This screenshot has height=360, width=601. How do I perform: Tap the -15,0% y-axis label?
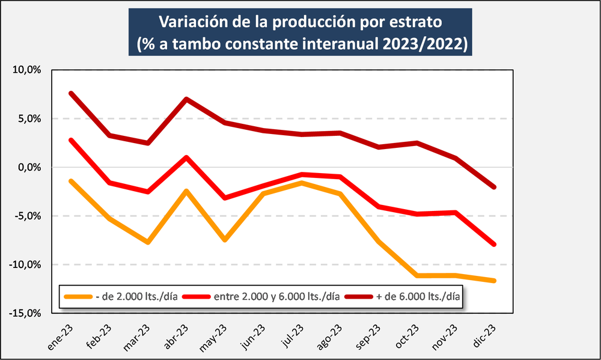(26, 313)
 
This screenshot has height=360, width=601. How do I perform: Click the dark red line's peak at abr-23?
(186, 99)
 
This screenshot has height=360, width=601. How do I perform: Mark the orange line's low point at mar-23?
(147, 242)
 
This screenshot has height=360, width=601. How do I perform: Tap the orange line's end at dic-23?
(493, 281)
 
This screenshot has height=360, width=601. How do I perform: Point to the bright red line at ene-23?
(71, 140)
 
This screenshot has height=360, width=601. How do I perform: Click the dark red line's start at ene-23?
(71, 93)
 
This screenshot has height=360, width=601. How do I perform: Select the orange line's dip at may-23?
(224, 240)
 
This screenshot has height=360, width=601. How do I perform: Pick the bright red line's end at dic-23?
(493, 244)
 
